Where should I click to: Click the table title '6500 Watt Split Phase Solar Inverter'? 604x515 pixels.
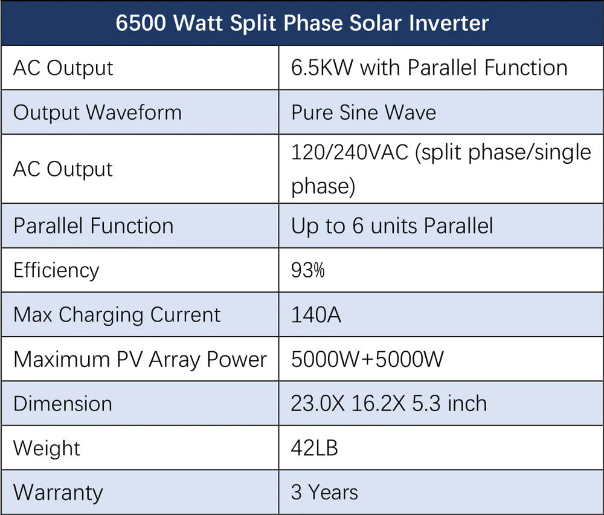[302, 23]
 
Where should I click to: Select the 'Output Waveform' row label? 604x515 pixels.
[97, 112]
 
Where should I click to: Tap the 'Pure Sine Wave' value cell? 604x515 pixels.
[363, 112]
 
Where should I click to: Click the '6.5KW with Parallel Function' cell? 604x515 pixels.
[429, 68]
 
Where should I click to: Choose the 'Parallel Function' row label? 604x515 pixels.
[93, 225]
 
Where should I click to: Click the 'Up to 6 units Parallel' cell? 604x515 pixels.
[391, 225]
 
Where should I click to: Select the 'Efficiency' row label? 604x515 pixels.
[56, 270]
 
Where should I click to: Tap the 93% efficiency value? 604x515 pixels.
[307, 270]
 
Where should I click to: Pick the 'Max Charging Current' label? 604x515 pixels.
[117, 314]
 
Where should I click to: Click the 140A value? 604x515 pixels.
[315, 314]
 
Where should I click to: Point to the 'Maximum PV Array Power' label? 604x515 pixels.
[140, 359]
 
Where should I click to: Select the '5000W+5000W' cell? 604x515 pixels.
[367, 359]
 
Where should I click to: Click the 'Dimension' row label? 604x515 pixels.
[62, 403]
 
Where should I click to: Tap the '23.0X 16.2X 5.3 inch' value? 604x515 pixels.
[388, 403]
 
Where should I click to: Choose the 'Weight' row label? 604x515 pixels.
[47, 448]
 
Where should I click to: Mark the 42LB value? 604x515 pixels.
[314, 448]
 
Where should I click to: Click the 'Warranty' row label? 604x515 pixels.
[57, 492]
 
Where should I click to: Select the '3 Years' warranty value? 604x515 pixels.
[324, 492]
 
